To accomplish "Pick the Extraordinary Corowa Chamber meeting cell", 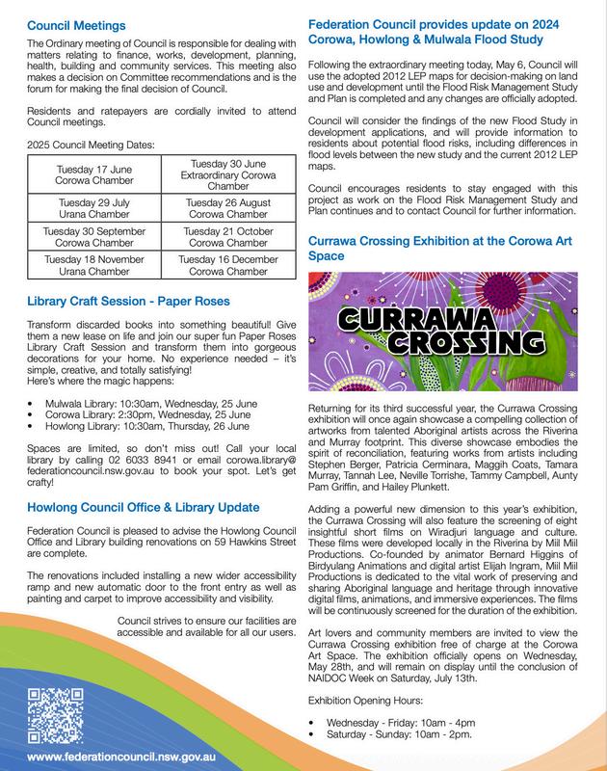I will (x=229, y=173).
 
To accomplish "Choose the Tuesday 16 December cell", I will (x=229, y=266).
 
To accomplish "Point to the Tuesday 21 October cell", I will (x=229, y=236).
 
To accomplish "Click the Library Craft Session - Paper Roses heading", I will (x=128, y=301).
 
